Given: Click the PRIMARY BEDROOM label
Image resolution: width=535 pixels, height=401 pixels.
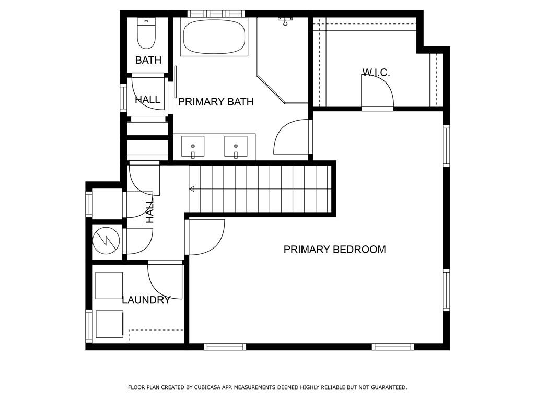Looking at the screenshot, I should coord(334,250).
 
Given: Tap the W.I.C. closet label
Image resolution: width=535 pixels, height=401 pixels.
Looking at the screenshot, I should coord(376,73).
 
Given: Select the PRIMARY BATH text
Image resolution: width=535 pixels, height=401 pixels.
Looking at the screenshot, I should coord(216,102).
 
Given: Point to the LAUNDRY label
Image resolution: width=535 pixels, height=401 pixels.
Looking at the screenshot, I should coord(146,300).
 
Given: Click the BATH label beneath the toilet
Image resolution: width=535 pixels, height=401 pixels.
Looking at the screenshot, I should coord(148,61).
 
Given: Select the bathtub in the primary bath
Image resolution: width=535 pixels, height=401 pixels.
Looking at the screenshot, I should coord(214,37).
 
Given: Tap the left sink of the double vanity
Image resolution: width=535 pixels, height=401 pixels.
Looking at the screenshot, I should coord(193,146).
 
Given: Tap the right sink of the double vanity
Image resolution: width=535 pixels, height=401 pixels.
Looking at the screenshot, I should coord(236,146).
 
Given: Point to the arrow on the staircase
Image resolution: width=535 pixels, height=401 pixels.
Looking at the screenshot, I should coord(192,188).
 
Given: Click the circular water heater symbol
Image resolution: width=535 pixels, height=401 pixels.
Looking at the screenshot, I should coord(106,241).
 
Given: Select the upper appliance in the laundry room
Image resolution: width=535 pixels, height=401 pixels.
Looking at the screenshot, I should coord(109,285).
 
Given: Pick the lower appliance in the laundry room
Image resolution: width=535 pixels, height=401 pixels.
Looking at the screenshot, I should coord(109,324).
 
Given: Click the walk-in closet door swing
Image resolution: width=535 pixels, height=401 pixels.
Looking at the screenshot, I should coord(377,91).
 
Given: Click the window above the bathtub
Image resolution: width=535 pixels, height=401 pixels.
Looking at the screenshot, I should coord(216,14).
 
